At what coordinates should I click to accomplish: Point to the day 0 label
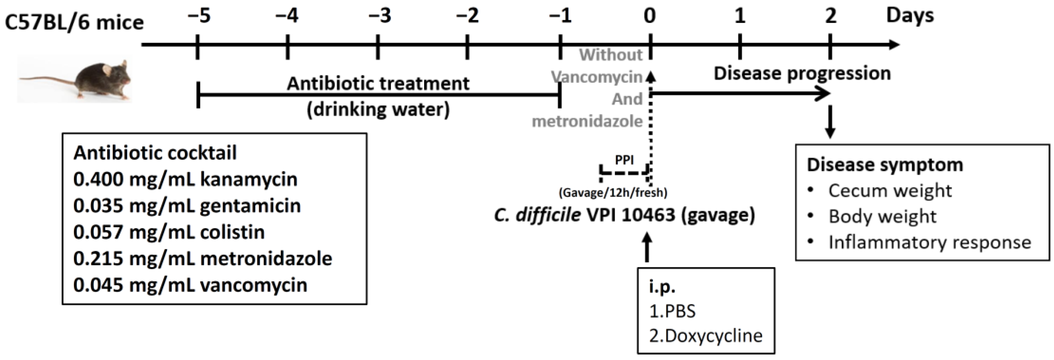[x=649, y=16]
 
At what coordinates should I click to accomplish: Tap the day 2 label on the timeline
[x=830, y=16]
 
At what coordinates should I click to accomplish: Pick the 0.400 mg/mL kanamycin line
[x=185, y=179]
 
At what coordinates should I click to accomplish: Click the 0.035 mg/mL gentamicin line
[x=187, y=205]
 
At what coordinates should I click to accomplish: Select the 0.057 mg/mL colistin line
[x=169, y=232]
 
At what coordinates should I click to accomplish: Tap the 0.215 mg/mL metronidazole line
[x=203, y=259]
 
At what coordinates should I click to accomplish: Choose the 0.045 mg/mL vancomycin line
[x=190, y=285]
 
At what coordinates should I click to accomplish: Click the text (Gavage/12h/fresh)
[x=613, y=192]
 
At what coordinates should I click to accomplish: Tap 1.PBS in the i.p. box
[x=672, y=311]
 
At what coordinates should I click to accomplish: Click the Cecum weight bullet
[x=890, y=191]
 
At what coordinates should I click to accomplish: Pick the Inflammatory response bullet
[x=929, y=242]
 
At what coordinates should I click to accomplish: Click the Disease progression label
[x=802, y=74]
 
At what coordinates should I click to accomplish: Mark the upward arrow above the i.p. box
[x=647, y=247]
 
